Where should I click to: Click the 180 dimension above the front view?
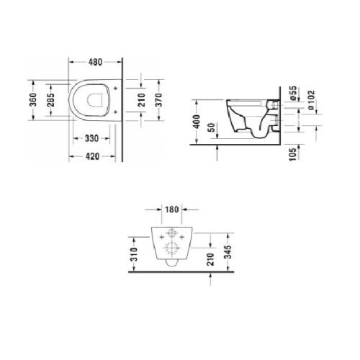click(x=171, y=211)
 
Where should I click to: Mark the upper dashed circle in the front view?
click(x=171, y=234)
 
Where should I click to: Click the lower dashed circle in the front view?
click(x=171, y=252)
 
